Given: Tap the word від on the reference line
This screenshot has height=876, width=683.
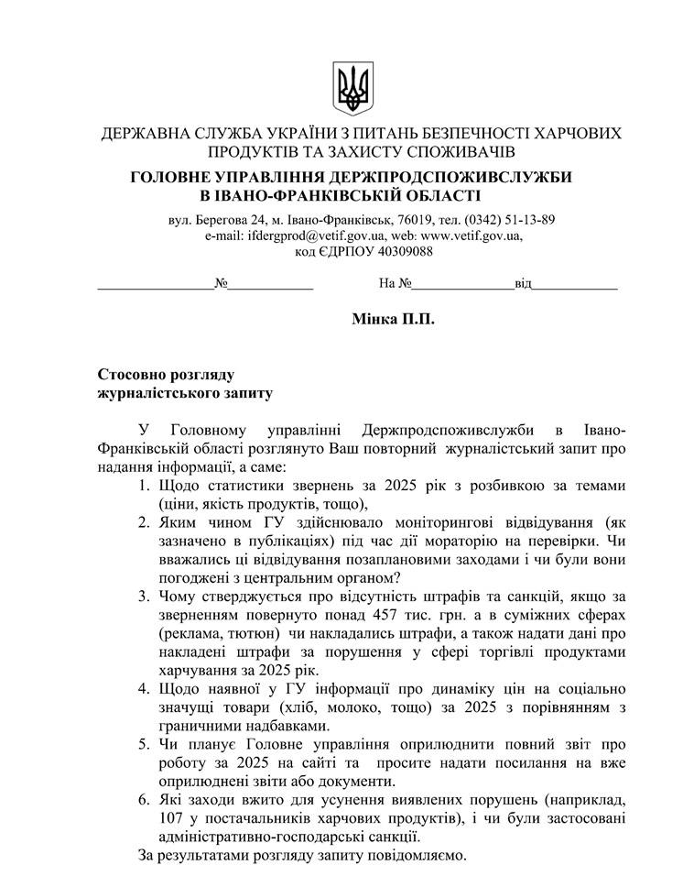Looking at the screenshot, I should click(522, 283).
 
